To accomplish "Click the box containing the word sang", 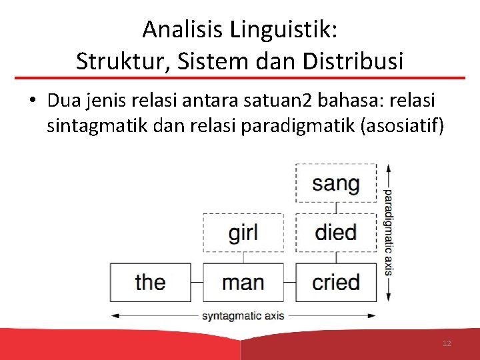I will (x=336, y=183).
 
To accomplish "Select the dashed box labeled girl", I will (x=243, y=233).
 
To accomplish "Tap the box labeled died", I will (x=336, y=233).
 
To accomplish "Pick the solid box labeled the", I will (x=150, y=282).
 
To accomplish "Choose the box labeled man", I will (x=243, y=282).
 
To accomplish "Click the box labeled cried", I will (x=336, y=282).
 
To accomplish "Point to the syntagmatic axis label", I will (x=243, y=315).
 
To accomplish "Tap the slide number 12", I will (x=447, y=343).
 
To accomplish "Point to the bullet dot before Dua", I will (x=32, y=101).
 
